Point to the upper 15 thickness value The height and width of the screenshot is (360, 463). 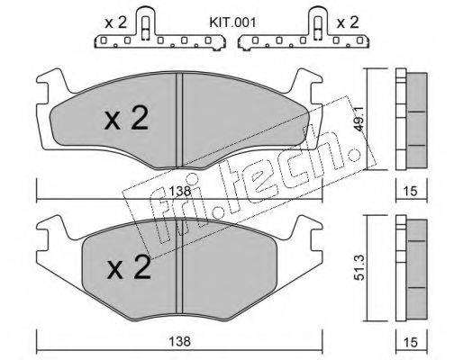[x=411, y=192]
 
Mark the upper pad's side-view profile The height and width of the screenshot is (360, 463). [x=411, y=117]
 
